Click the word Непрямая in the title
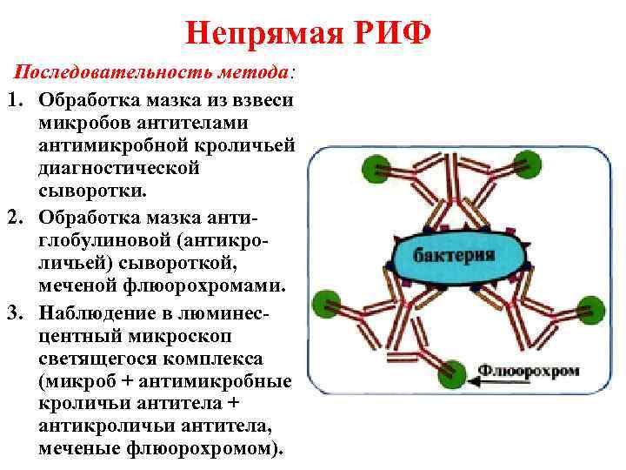point(262,36)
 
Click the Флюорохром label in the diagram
point(540,371)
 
